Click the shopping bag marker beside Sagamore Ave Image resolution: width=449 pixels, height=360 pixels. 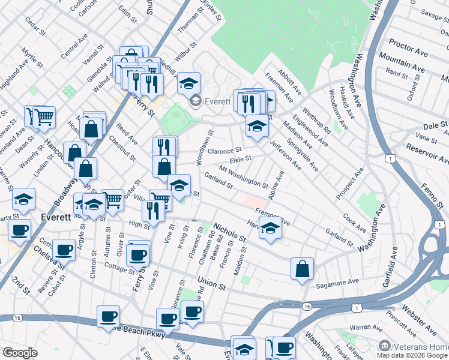pos(302,268)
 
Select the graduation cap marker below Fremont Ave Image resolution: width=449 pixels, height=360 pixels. pos(270,229)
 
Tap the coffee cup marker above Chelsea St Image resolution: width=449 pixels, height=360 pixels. pos(64,249)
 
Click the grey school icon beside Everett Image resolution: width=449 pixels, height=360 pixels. pos(195,102)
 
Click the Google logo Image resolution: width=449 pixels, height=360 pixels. pos(20,353)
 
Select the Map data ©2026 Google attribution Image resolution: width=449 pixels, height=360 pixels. pos(412,356)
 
